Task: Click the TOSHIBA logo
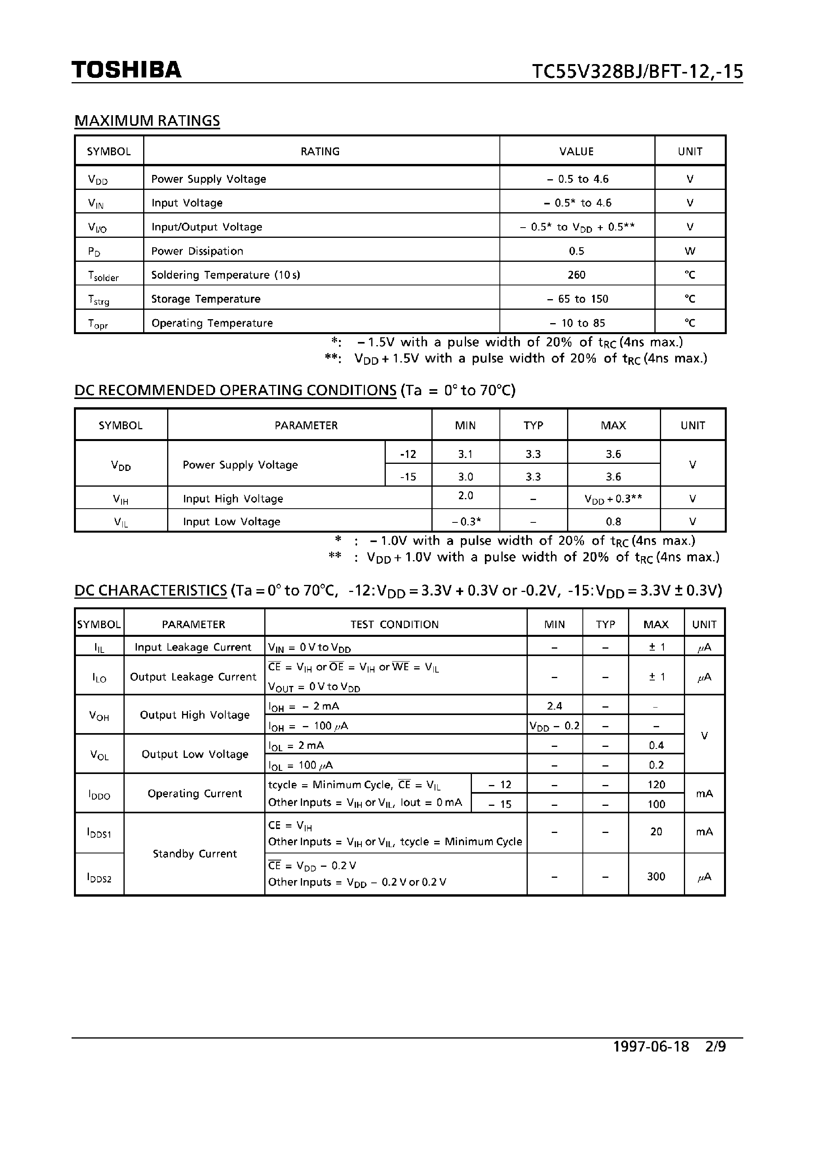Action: pos(126,70)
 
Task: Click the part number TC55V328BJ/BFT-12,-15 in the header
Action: pos(637,72)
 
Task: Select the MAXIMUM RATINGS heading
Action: pos(147,121)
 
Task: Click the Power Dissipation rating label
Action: pos(197,251)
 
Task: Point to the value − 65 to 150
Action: pos(577,299)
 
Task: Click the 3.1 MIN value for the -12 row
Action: pos(465,454)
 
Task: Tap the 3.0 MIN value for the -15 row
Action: pos(465,476)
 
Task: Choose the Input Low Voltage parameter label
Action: pos(231,522)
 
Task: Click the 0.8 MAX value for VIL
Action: pos(613,522)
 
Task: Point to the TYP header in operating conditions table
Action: pos(533,425)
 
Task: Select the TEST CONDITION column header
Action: pos(394,624)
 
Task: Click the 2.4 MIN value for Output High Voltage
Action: pos(554,706)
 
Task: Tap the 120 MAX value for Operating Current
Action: pos(656,785)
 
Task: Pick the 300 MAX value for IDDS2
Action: pos(656,877)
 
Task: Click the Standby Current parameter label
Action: pos(194,854)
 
